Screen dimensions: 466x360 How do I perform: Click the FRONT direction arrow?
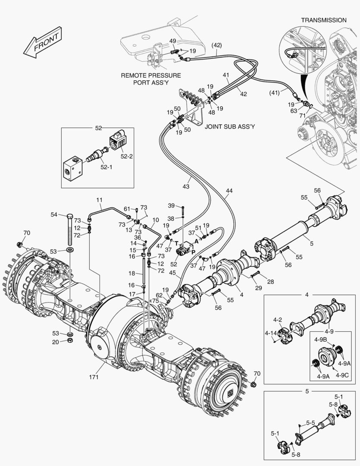(x=43, y=43)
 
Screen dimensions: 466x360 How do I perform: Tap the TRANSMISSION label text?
(x=323, y=20)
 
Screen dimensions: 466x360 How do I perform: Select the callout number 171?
(x=94, y=377)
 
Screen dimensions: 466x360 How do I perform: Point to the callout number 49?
(x=172, y=41)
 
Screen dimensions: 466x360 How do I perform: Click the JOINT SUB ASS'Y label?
(x=229, y=127)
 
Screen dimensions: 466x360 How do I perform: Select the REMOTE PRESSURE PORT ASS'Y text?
(x=151, y=79)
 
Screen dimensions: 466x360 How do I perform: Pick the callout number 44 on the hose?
(x=229, y=190)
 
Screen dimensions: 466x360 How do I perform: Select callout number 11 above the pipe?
(x=99, y=200)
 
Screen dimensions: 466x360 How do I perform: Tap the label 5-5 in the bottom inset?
(x=310, y=423)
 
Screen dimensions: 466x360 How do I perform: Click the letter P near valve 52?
(x=193, y=252)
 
